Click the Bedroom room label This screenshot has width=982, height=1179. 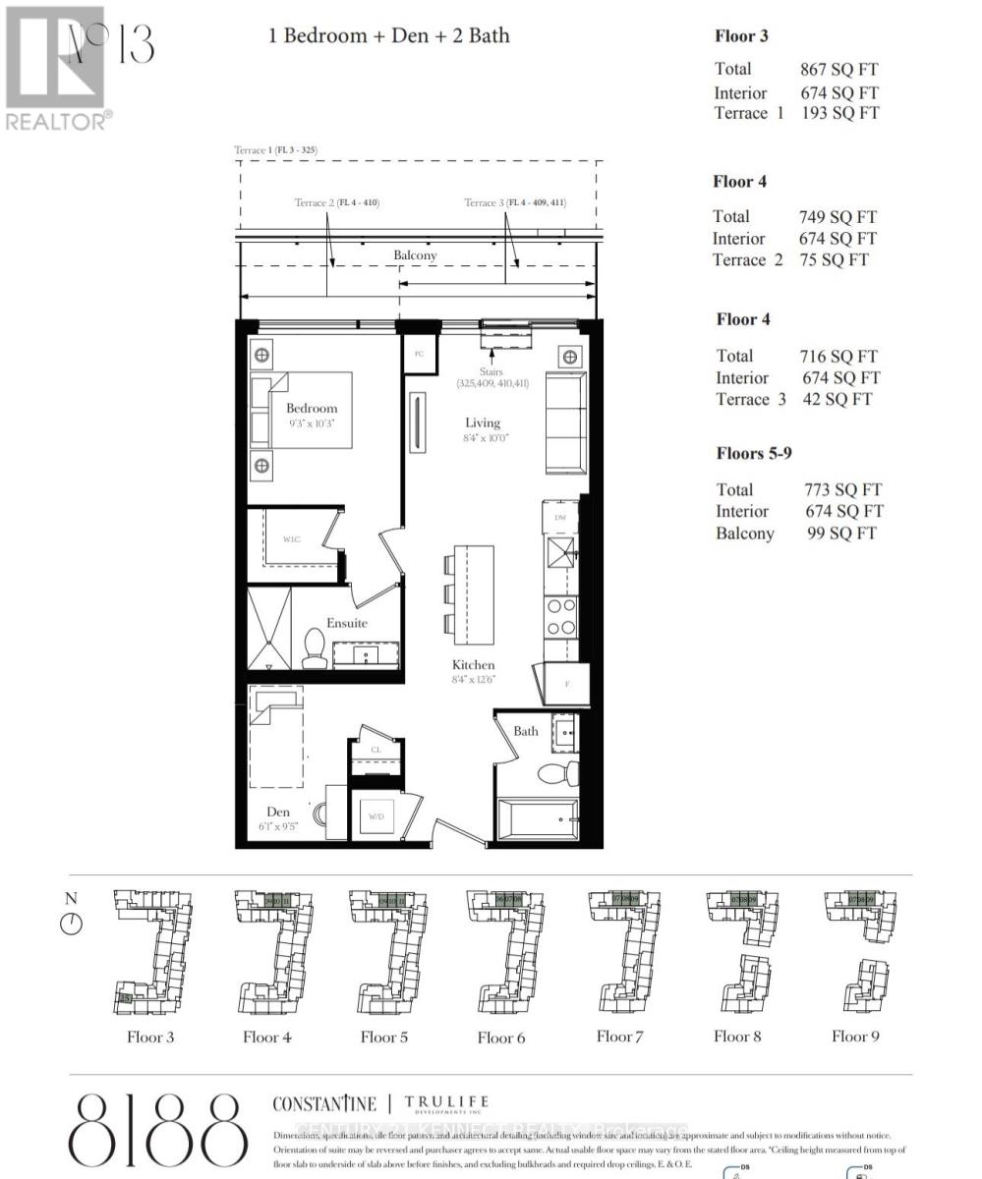point(312,408)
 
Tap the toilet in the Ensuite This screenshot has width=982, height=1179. point(315,649)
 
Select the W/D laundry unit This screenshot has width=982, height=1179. point(375,816)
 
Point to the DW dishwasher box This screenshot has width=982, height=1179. point(560,518)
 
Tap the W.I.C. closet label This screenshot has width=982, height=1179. point(292,538)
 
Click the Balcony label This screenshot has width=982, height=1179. point(415,254)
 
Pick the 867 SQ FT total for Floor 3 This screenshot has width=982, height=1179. point(838,69)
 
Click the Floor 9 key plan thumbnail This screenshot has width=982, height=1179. point(854,951)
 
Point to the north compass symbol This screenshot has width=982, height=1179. point(71,924)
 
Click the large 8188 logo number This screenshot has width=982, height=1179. point(157,1130)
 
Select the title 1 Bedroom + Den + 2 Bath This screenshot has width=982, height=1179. point(389,35)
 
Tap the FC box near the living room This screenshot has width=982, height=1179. point(419,353)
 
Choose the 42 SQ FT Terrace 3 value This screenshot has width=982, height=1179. point(835,399)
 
